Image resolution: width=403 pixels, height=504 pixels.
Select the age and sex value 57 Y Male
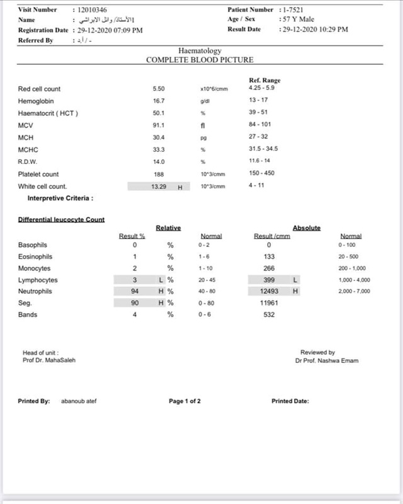tap(299, 20)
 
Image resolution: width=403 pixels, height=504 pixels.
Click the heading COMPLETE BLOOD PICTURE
tap(200, 60)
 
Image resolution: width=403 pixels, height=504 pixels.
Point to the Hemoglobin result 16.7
tap(159, 101)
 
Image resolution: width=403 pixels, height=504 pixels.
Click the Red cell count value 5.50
tap(159, 89)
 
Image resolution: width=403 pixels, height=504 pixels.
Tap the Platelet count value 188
tap(159, 174)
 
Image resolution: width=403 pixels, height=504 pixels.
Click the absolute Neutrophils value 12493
tap(268, 292)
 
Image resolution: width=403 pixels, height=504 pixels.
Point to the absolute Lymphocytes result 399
tap(269, 280)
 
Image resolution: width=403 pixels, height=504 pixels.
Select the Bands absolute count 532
tap(269, 315)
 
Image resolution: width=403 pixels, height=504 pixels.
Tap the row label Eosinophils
tap(35, 257)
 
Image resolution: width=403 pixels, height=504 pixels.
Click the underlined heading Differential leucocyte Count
tap(61, 219)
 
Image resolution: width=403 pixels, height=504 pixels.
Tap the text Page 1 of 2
tap(184, 401)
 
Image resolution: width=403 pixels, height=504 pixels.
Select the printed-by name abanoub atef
tap(79, 401)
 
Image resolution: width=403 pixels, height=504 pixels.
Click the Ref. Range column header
tap(265, 81)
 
